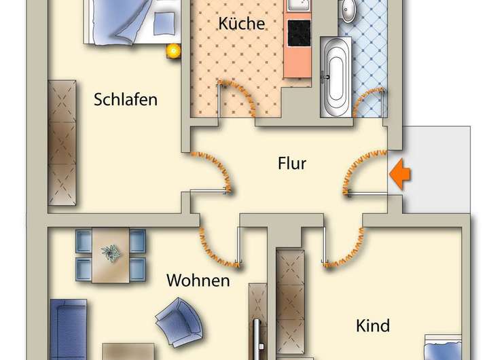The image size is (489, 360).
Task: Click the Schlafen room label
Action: point(126,100)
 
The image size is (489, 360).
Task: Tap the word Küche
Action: point(241,23)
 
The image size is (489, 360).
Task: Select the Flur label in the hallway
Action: point(292,163)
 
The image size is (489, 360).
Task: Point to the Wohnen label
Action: point(198,280)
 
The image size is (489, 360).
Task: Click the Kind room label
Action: point(373,326)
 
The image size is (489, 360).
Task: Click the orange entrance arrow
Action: point(401,175)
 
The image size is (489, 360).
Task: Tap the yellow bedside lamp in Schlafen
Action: point(173,50)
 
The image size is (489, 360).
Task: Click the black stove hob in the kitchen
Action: point(299,31)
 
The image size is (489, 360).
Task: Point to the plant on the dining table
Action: point(109,253)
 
